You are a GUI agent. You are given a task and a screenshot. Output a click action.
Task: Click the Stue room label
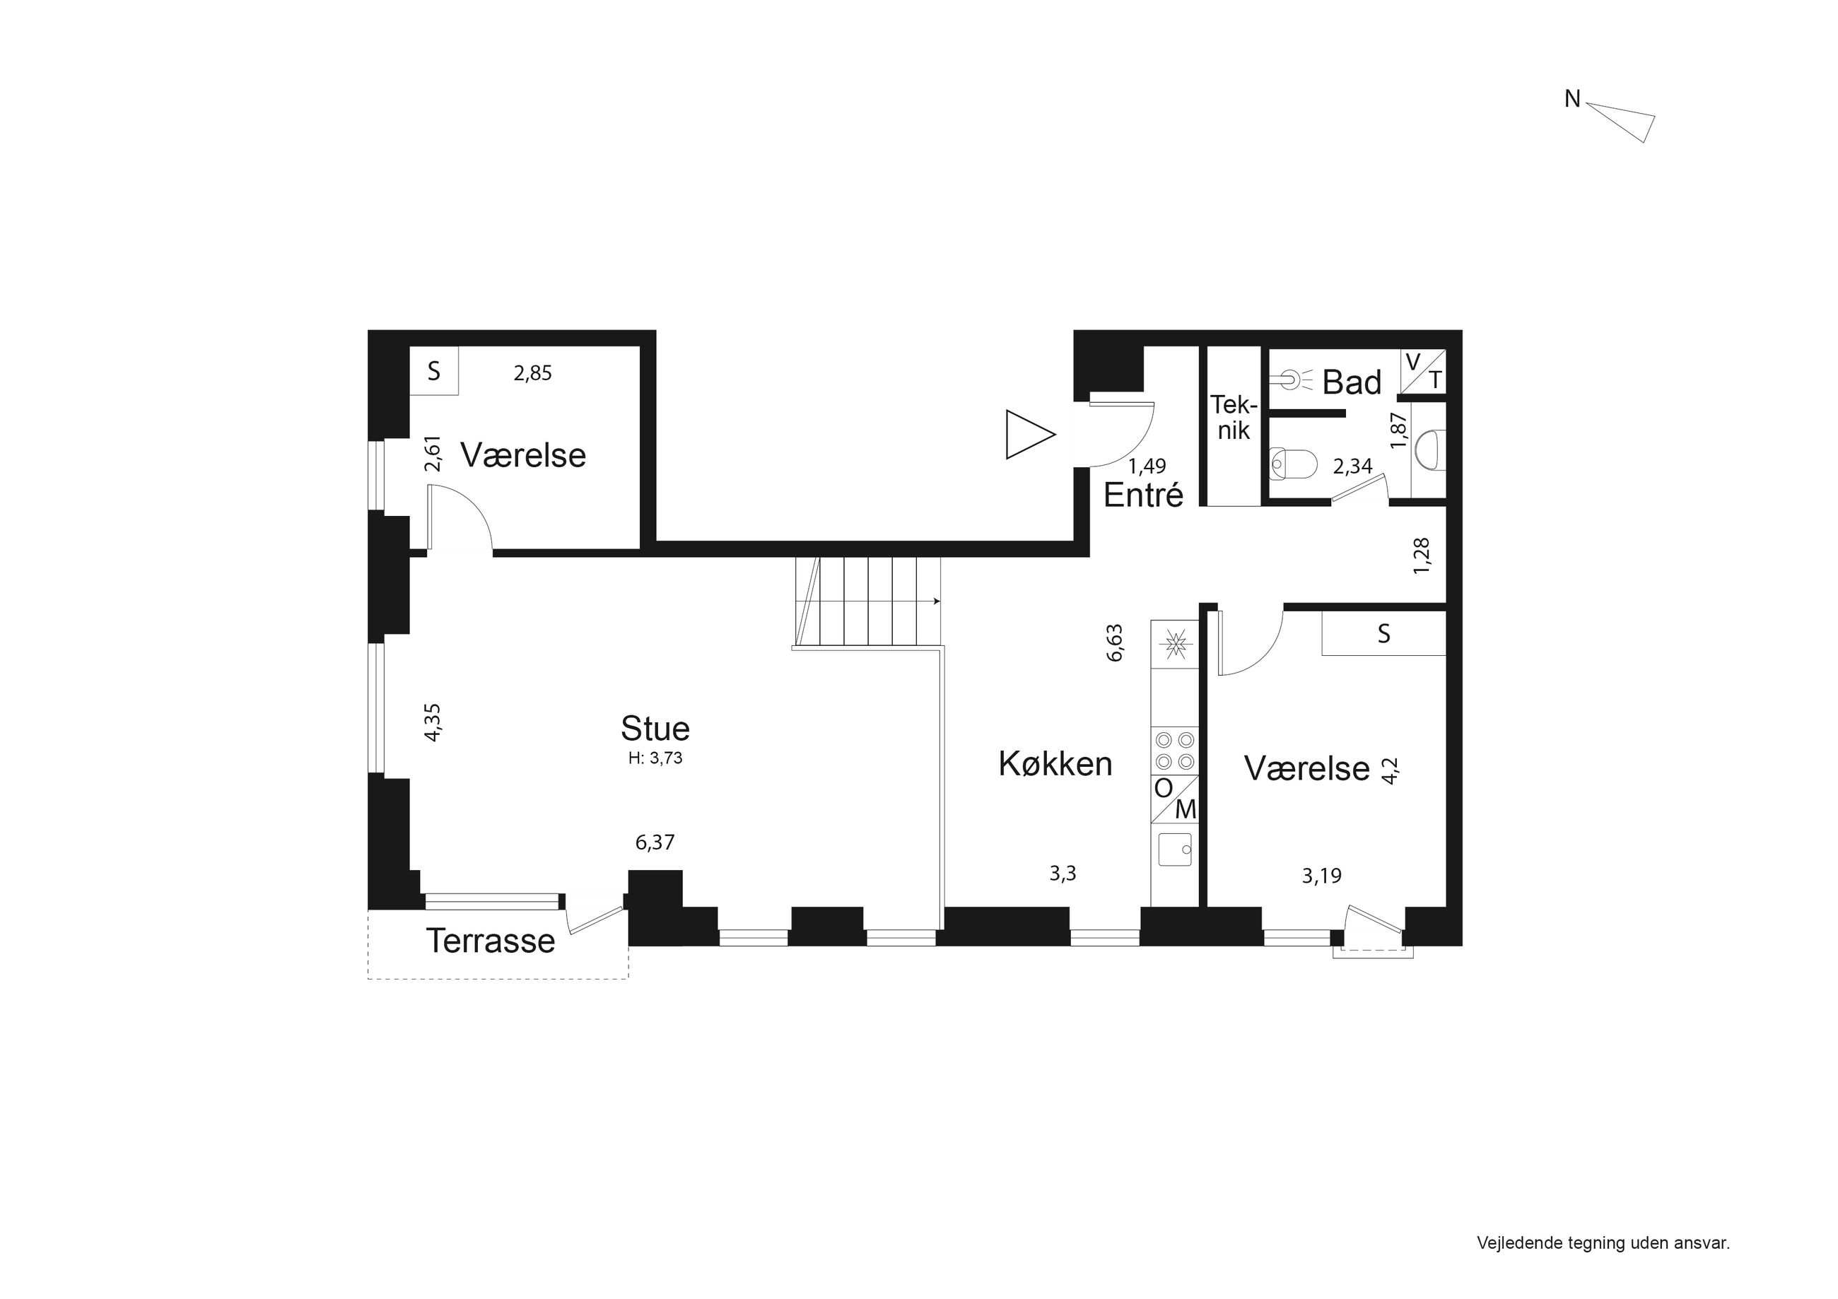pyautogui.click(x=655, y=729)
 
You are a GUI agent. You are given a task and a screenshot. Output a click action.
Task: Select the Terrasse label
pyautogui.click(x=490, y=941)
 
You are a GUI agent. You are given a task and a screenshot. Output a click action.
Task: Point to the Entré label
pyautogui.click(x=1143, y=495)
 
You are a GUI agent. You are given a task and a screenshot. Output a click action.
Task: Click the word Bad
pyautogui.click(x=1351, y=382)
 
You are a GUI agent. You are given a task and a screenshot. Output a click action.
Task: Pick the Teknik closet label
pyautogui.click(x=1233, y=417)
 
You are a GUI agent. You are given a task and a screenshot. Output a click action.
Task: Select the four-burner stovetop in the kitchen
pyautogui.click(x=1174, y=750)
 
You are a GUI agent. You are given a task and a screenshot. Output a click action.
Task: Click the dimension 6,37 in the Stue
pyautogui.click(x=655, y=842)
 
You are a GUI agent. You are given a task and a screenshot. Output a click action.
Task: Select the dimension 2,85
pyautogui.click(x=532, y=373)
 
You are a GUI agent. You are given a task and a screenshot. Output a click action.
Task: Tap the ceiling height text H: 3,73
pyautogui.click(x=655, y=758)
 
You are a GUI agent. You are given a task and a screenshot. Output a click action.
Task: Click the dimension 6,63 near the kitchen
pyautogui.click(x=1114, y=642)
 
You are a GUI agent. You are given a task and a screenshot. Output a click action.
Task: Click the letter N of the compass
pyautogui.click(x=1572, y=99)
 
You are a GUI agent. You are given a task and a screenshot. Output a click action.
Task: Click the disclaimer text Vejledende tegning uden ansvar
pyautogui.click(x=1603, y=1243)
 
